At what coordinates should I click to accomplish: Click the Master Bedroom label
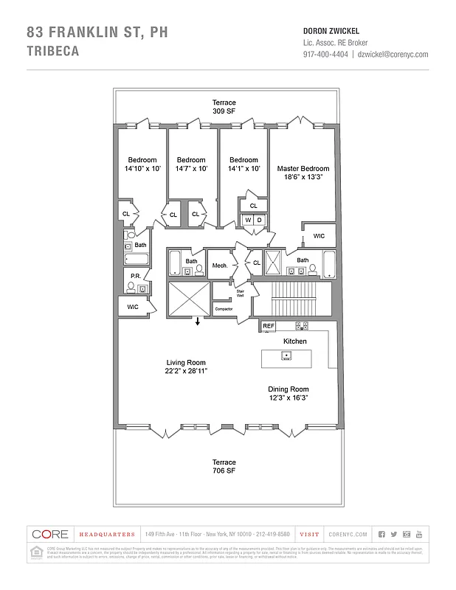[x=303, y=169]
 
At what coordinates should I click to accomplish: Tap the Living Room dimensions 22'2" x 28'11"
[x=185, y=371]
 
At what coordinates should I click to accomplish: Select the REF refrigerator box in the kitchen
[x=269, y=325]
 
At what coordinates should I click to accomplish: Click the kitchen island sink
[x=286, y=356]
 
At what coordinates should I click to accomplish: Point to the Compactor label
[x=224, y=309]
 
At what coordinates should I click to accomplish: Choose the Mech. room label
[x=219, y=265]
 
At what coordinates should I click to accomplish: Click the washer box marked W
[x=248, y=220]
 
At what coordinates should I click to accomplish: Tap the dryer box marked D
[x=260, y=220]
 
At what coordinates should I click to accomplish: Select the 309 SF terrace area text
[x=224, y=111]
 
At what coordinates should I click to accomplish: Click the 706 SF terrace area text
[x=224, y=471]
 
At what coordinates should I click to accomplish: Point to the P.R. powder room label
[x=135, y=276]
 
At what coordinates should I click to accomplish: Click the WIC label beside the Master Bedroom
[x=319, y=236]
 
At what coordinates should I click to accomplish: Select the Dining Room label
[x=288, y=389]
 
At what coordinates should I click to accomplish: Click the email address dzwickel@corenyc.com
[x=393, y=55]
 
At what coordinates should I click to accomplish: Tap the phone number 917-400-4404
[x=325, y=55]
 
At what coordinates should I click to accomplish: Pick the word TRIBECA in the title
[x=52, y=52]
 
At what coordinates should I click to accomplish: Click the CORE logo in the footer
[x=50, y=534]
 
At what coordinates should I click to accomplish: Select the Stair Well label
[x=240, y=293]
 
